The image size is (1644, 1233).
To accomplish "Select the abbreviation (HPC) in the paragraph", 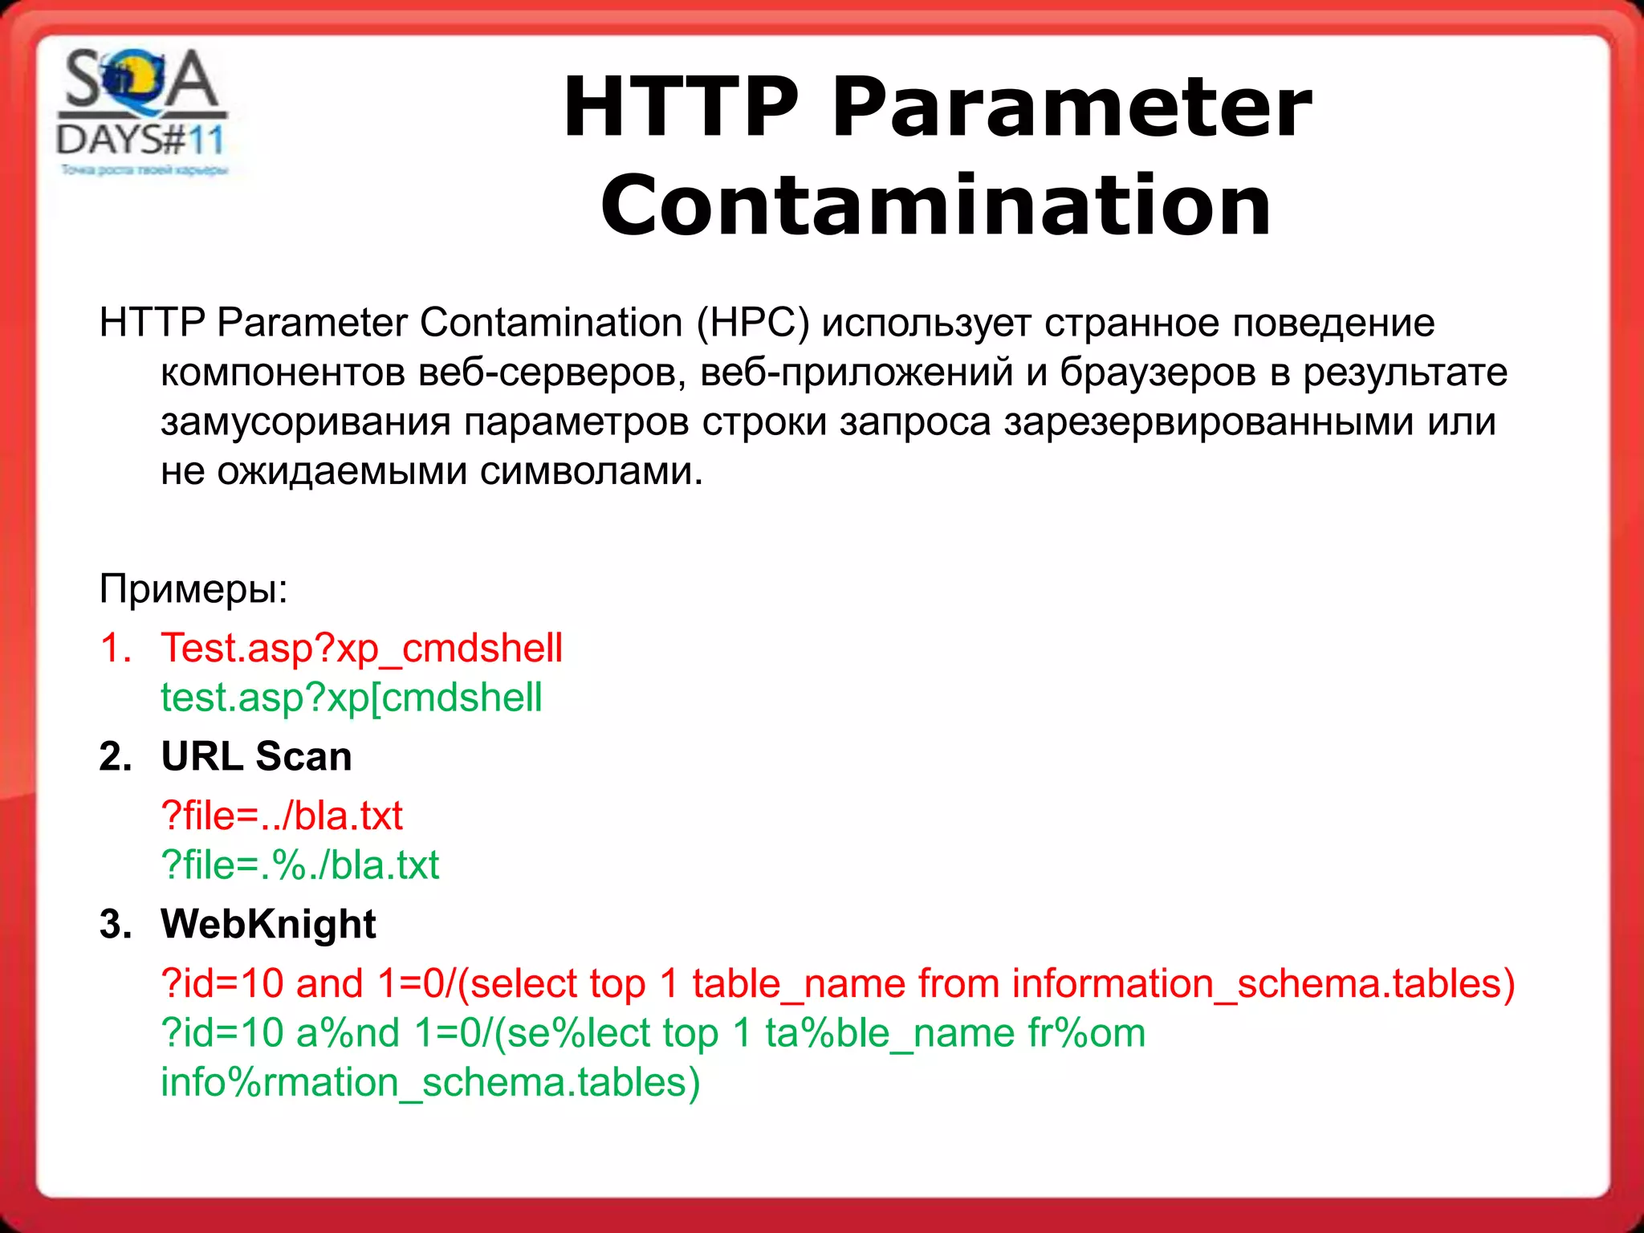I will click(x=753, y=323).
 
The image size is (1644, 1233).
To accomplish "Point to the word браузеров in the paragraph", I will click(x=1158, y=372).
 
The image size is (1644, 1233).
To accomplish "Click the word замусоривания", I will click(x=305, y=422).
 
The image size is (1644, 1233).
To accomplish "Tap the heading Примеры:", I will click(x=193, y=588).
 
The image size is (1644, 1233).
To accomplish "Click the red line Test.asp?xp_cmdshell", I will click(x=362, y=649).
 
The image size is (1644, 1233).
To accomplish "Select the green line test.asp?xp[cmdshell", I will click(x=352, y=698).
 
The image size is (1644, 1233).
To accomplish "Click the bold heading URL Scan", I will click(x=256, y=756).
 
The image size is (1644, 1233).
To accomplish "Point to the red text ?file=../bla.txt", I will click(x=282, y=816).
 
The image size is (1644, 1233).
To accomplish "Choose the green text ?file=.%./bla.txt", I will click(x=300, y=865).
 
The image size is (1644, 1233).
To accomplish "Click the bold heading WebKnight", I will click(x=268, y=924).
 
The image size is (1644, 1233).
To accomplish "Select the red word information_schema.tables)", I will click(x=1264, y=984).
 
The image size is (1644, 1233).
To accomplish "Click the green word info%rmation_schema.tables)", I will click(x=430, y=1083).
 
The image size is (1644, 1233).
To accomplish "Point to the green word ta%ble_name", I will click(x=889, y=1033).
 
